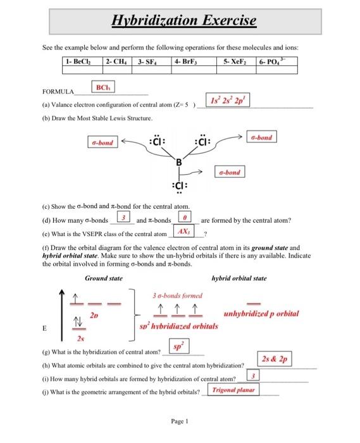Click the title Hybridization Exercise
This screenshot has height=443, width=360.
coord(183,21)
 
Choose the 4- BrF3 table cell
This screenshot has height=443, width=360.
coord(190,61)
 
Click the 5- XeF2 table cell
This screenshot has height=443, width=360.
coord(235,61)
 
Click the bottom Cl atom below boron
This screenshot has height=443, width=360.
coord(178,187)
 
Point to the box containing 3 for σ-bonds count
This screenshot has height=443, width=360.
coord(125,220)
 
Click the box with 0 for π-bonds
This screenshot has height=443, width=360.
coord(188,220)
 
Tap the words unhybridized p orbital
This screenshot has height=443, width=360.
coord(261,313)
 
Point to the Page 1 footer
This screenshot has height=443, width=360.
coord(180,420)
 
